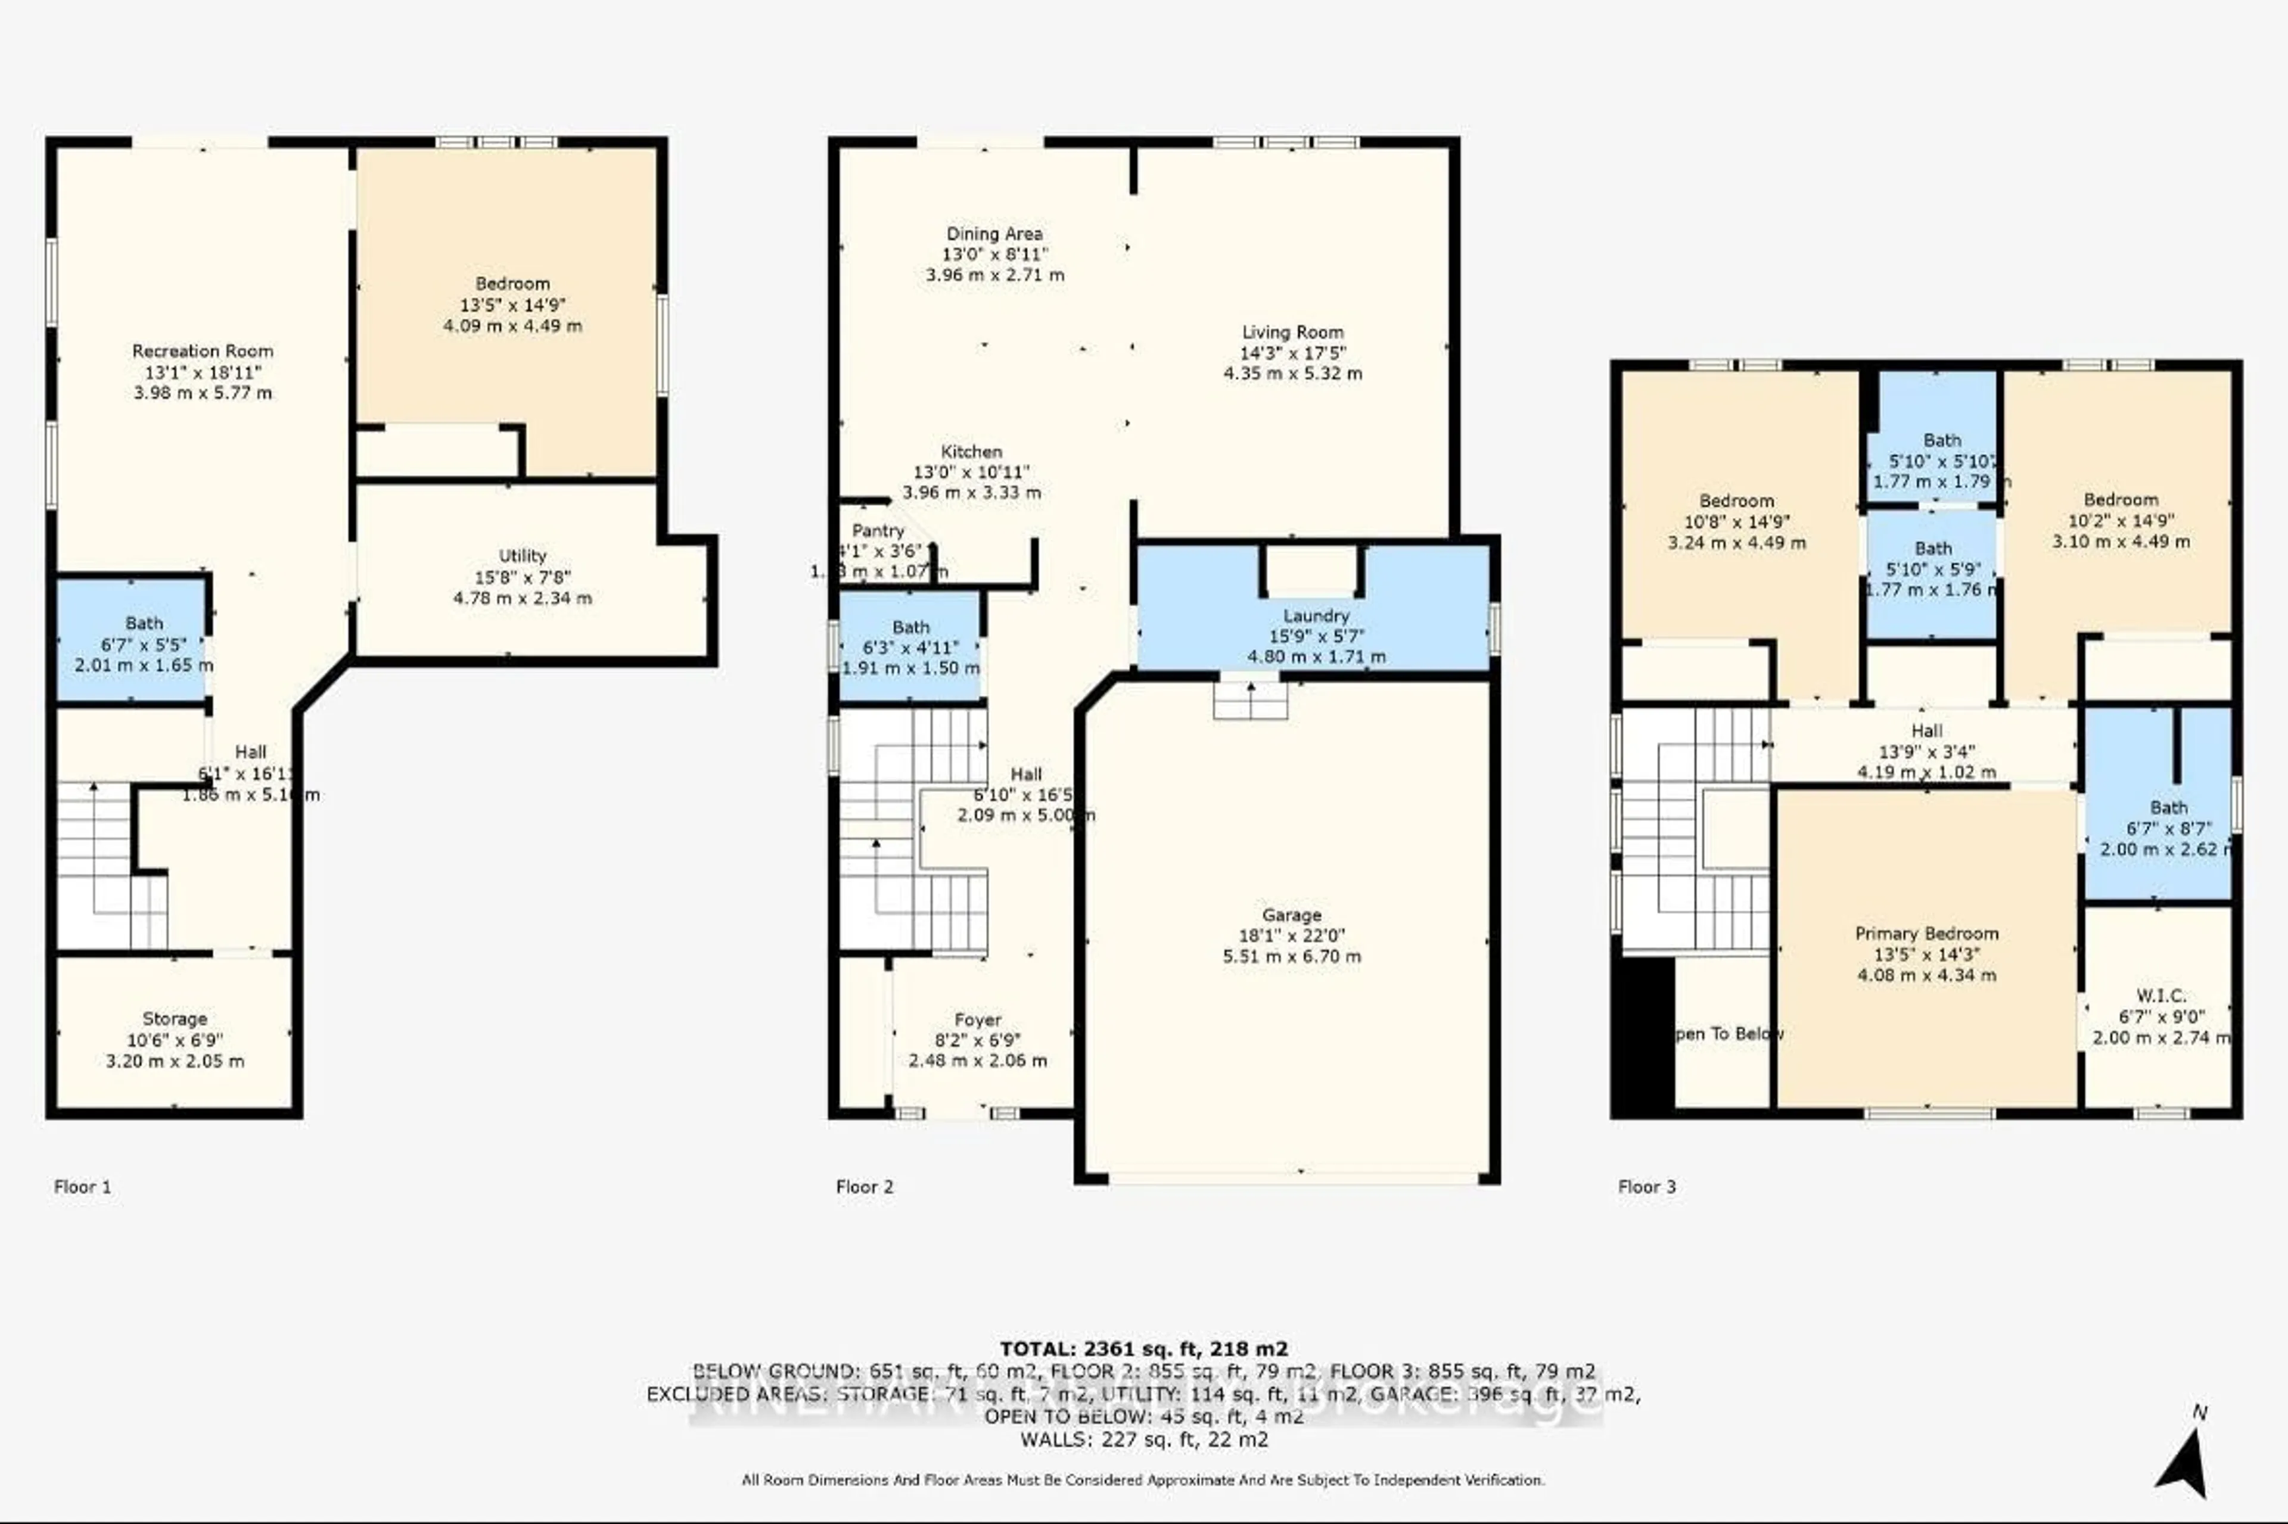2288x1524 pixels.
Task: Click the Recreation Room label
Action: point(202,351)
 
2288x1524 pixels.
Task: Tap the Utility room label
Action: point(522,556)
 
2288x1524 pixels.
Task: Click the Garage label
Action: point(1291,915)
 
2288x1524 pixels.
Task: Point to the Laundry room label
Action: point(1316,615)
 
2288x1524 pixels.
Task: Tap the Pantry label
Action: point(878,531)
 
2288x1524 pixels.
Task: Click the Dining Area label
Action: point(994,234)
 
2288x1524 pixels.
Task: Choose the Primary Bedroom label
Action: point(1926,933)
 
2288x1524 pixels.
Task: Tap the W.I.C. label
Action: point(2160,996)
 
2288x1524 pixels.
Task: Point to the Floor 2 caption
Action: point(864,1187)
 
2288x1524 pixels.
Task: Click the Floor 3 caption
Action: point(1646,1187)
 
